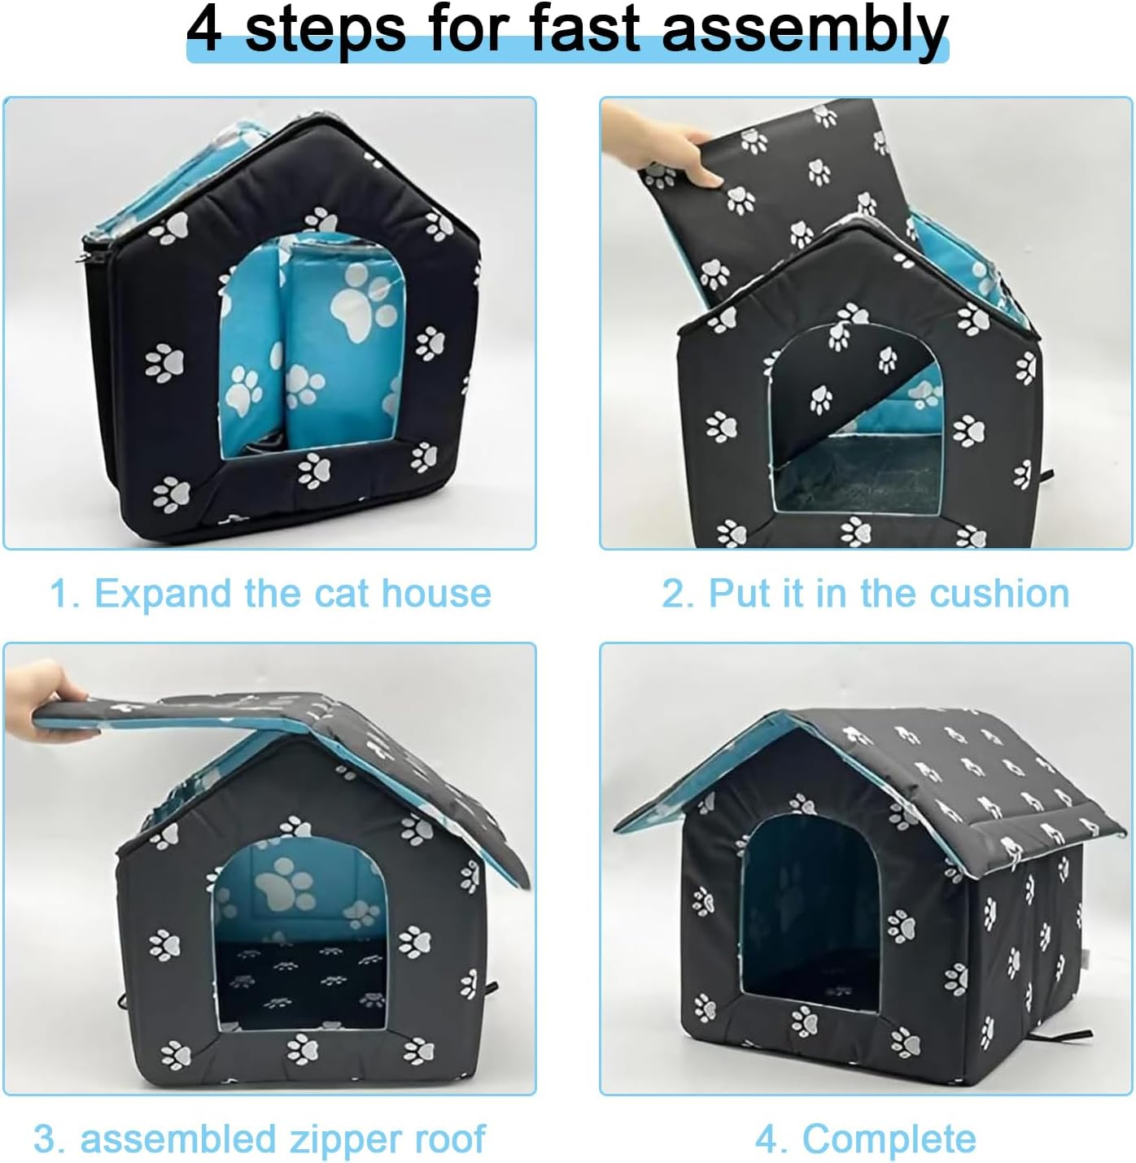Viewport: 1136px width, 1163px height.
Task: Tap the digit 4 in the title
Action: pyautogui.click(x=204, y=28)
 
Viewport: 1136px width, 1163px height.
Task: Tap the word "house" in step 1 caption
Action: pyautogui.click(x=436, y=594)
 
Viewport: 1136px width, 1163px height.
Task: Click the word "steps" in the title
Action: pyautogui.click(x=326, y=31)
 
